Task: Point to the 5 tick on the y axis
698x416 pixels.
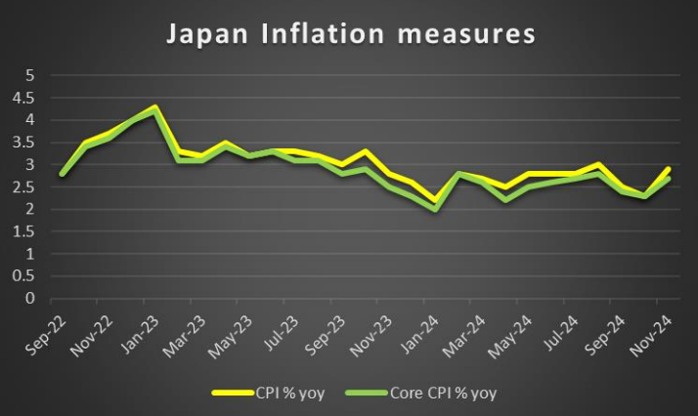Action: tap(30, 75)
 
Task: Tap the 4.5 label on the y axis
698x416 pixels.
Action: tap(24, 98)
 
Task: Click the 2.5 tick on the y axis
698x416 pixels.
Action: tap(24, 187)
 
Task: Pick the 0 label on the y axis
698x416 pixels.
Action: tap(30, 299)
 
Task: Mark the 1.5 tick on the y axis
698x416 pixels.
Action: tap(24, 231)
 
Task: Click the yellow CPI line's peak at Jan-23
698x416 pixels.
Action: tap(156, 106)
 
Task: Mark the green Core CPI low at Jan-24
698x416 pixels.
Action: tap(435, 209)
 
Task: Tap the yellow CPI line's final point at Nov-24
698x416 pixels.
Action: tap(670, 169)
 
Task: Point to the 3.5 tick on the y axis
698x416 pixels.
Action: tap(24, 143)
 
